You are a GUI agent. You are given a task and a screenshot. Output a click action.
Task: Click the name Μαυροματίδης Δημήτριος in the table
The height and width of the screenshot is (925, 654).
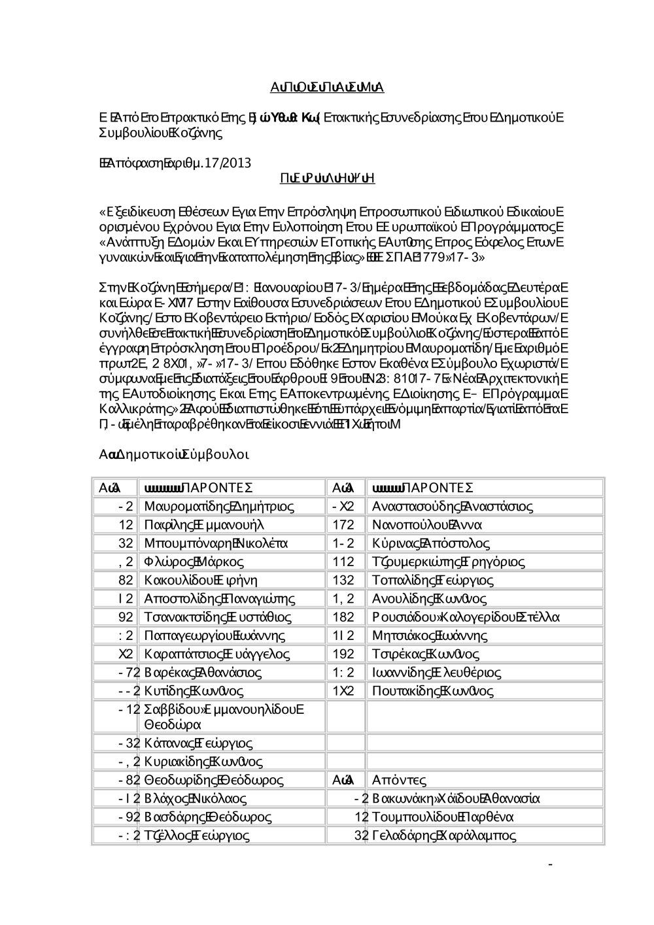point(218,506)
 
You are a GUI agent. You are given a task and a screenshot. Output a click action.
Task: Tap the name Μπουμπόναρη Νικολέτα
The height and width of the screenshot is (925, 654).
point(216,543)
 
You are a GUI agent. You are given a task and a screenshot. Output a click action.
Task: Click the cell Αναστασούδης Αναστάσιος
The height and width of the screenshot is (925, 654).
point(452,506)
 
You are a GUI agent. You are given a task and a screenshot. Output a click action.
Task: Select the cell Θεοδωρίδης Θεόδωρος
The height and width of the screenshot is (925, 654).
point(214,779)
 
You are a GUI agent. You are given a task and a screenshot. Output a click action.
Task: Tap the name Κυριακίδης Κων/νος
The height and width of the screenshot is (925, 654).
point(203,761)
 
